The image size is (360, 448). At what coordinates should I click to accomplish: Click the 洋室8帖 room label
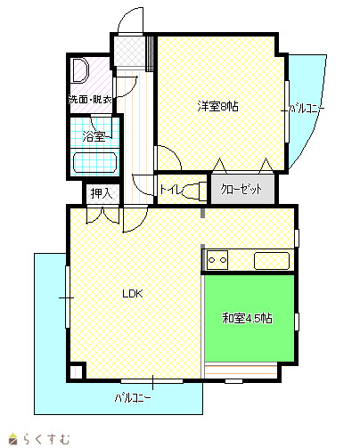tap(217, 106)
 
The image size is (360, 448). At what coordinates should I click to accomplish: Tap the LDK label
tap(133, 294)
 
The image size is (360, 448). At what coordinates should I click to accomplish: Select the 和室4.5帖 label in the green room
tap(247, 318)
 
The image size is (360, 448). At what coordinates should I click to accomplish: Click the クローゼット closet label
tap(241, 189)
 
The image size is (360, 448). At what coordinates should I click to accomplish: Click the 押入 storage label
tap(102, 193)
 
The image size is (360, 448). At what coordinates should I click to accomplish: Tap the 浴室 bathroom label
tap(94, 137)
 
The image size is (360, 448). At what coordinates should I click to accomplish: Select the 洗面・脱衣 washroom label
tap(90, 100)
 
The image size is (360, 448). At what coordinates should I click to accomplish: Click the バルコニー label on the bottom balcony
tap(133, 397)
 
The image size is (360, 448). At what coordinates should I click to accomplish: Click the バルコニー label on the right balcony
tap(307, 109)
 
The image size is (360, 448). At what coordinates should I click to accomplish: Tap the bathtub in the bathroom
tap(94, 162)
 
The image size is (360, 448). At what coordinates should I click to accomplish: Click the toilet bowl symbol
tap(193, 190)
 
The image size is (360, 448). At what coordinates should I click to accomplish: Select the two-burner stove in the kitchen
tap(217, 260)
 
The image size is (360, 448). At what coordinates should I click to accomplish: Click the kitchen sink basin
tap(272, 261)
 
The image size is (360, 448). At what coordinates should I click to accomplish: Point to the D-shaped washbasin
tap(79, 70)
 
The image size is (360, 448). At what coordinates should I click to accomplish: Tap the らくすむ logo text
tap(46, 438)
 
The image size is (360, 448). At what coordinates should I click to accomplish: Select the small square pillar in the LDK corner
tap(78, 371)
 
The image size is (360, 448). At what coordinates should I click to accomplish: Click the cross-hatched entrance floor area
tap(130, 51)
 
